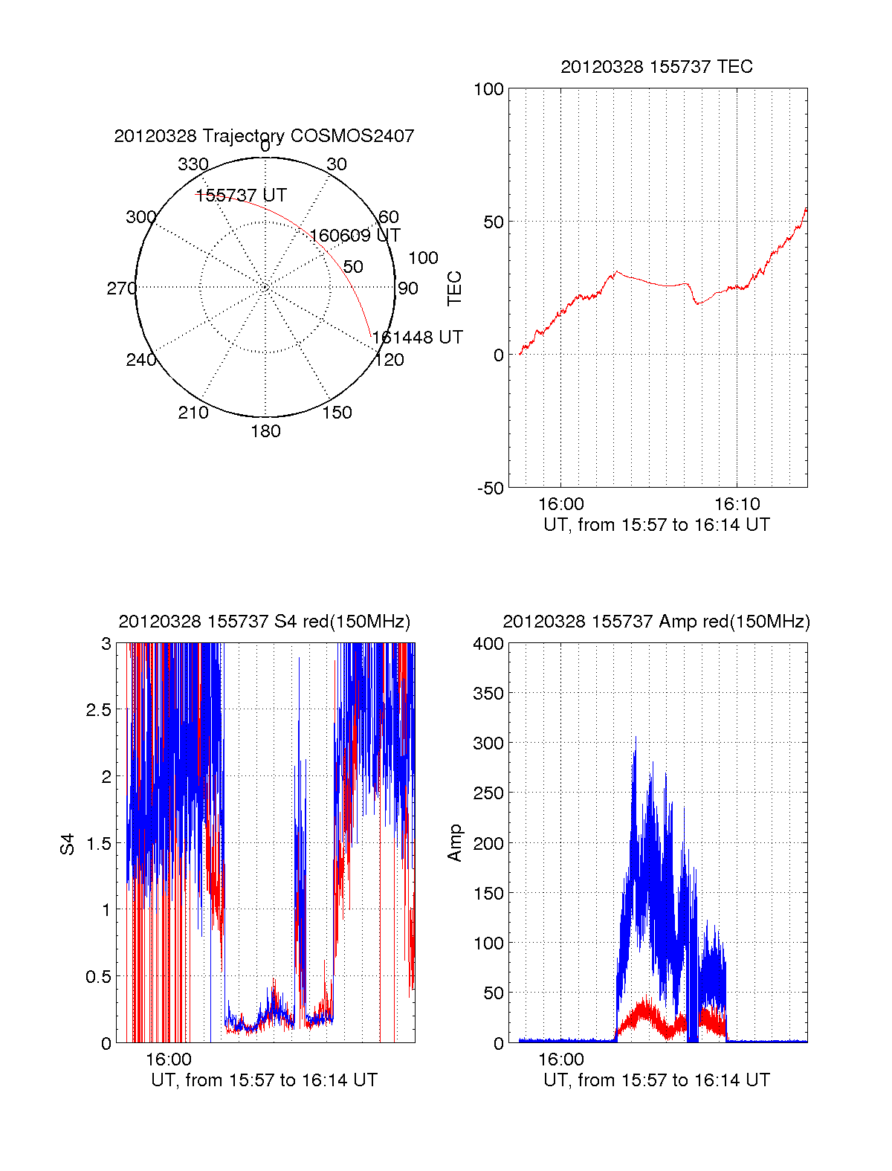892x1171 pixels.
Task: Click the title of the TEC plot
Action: coord(656,67)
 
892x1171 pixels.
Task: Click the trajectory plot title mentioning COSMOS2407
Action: coord(264,136)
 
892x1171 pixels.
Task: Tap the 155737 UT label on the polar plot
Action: coord(241,196)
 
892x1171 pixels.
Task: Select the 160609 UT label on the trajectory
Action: coord(355,236)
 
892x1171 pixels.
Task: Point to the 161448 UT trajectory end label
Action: coord(418,338)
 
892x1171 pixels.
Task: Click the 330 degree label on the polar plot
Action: coord(193,164)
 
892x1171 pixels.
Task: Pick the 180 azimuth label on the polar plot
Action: coord(265,431)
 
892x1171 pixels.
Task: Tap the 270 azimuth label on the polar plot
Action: coord(121,288)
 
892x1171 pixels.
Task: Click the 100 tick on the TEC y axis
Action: coord(488,89)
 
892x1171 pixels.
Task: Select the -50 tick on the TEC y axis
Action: coord(491,488)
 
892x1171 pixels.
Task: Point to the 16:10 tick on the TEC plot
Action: coord(736,504)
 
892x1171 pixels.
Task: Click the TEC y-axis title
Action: coord(454,288)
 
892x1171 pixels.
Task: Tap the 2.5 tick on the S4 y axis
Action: coord(99,710)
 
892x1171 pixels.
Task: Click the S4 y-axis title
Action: coord(68,844)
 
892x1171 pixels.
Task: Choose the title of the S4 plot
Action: coord(264,622)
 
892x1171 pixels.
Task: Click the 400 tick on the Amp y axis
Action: coord(488,644)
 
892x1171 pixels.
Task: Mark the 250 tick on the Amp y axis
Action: coord(488,793)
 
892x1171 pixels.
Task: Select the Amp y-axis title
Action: coord(454,843)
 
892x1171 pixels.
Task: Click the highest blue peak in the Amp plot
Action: coord(635,738)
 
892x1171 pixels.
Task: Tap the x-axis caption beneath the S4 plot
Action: coord(264,1080)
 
